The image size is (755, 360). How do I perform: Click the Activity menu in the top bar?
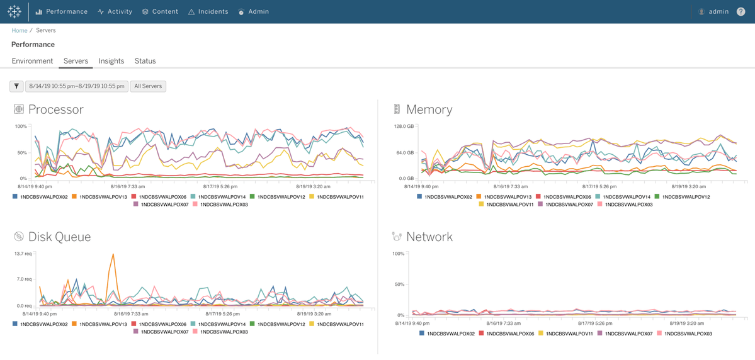click(115, 11)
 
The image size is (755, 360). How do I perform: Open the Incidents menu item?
click(208, 11)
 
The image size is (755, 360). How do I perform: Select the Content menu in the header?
click(160, 11)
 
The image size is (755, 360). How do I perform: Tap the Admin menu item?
click(253, 11)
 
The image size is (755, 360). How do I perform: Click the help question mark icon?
click(741, 11)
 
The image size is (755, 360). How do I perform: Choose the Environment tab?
click(32, 61)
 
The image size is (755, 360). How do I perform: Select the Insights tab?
click(111, 61)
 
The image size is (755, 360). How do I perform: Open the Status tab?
click(145, 61)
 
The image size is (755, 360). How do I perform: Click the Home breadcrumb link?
click(20, 30)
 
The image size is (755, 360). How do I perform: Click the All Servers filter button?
click(148, 86)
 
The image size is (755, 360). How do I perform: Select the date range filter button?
click(77, 86)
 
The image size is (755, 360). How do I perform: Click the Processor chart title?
click(56, 110)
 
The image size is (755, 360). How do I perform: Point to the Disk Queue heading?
click(60, 237)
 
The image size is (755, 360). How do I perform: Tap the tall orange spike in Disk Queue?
click(113, 254)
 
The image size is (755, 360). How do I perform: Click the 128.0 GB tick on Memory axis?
click(404, 127)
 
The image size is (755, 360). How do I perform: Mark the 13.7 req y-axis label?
click(23, 254)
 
